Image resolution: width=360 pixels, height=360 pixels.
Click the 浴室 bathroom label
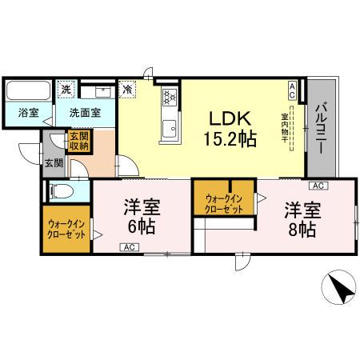(28, 114)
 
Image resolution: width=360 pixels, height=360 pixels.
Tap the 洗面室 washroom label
(84, 114)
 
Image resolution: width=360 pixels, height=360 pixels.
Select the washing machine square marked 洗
(67, 90)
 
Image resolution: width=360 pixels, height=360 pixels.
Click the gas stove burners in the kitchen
(170, 98)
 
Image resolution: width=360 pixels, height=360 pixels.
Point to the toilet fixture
(59, 191)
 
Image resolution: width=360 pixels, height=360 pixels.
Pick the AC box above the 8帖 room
(317, 186)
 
